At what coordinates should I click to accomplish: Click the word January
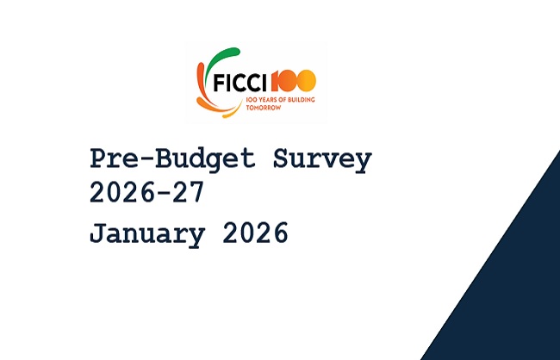click(146, 233)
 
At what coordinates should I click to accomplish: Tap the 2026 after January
click(256, 233)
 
